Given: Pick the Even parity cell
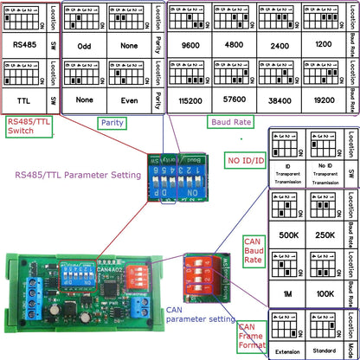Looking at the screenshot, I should click(127, 100).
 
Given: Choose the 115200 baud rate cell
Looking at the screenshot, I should click(187, 100).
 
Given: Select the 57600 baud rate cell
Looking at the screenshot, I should click(232, 100).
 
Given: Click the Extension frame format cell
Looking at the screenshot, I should click(286, 350).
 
